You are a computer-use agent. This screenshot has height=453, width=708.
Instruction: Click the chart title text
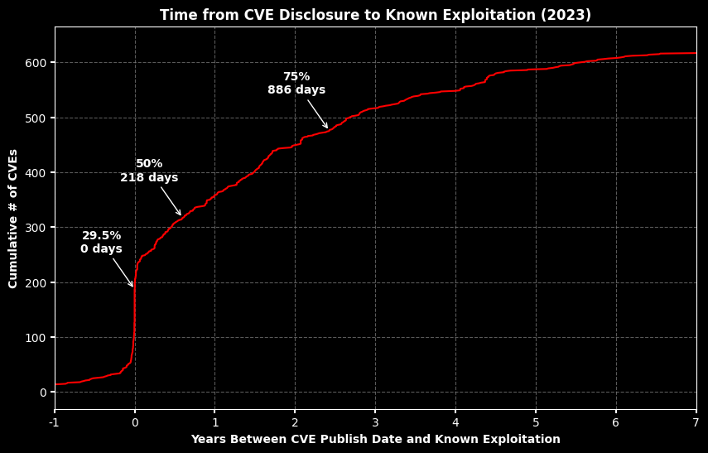click(375, 15)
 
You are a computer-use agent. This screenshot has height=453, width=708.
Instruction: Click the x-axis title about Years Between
click(375, 439)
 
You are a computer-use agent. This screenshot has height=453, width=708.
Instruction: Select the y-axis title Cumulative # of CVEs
click(13, 219)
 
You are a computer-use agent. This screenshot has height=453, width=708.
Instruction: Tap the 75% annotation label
click(296, 77)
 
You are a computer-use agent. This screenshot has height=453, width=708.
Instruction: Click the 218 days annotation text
click(149, 178)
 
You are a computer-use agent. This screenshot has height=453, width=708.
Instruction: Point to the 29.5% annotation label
click(101, 236)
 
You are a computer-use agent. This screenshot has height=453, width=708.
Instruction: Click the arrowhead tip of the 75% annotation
click(328, 128)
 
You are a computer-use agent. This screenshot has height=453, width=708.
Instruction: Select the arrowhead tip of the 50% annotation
click(181, 216)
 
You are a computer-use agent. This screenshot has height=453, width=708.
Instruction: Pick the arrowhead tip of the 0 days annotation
click(133, 287)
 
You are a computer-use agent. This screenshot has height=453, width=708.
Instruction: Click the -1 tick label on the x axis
click(55, 422)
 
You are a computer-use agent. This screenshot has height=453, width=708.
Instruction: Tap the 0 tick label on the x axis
click(135, 422)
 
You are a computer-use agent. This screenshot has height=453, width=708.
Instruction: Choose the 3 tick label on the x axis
click(375, 422)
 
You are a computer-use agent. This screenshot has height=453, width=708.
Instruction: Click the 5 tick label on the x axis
click(536, 422)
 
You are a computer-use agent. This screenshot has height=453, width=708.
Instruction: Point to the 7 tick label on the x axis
click(696, 422)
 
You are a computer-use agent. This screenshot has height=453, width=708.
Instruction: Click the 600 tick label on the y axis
click(36, 63)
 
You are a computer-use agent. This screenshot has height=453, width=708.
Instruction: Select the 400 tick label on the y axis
click(36, 172)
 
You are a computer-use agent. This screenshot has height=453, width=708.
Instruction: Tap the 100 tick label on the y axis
click(36, 337)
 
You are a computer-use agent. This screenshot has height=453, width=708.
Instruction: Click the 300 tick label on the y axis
click(36, 228)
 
